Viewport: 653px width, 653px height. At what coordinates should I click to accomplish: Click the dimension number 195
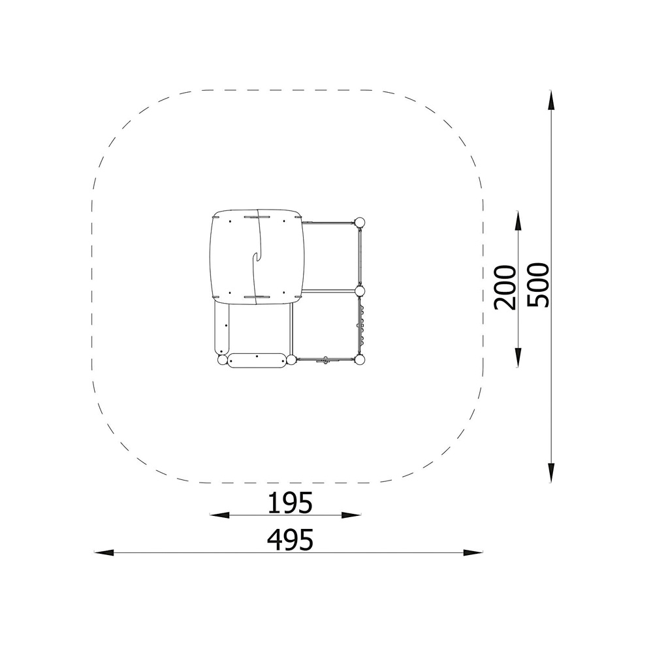coord(290,502)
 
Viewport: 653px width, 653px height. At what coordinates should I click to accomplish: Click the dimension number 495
coord(290,540)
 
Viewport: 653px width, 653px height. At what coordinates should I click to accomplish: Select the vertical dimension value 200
coord(505,287)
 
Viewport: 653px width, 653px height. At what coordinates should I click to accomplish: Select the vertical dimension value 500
coord(538,285)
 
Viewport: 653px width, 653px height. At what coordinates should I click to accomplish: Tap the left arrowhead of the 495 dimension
coord(104,552)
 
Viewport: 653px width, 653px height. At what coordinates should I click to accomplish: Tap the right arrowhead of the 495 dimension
coord(473,552)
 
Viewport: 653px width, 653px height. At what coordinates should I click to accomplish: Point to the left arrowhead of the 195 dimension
coord(219,515)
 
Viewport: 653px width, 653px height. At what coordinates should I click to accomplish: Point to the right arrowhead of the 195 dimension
coord(351,515)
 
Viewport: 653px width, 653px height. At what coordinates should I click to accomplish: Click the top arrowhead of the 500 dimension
coord(550,101)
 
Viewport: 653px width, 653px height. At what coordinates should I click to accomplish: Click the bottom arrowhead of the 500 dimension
coord(550,473)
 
